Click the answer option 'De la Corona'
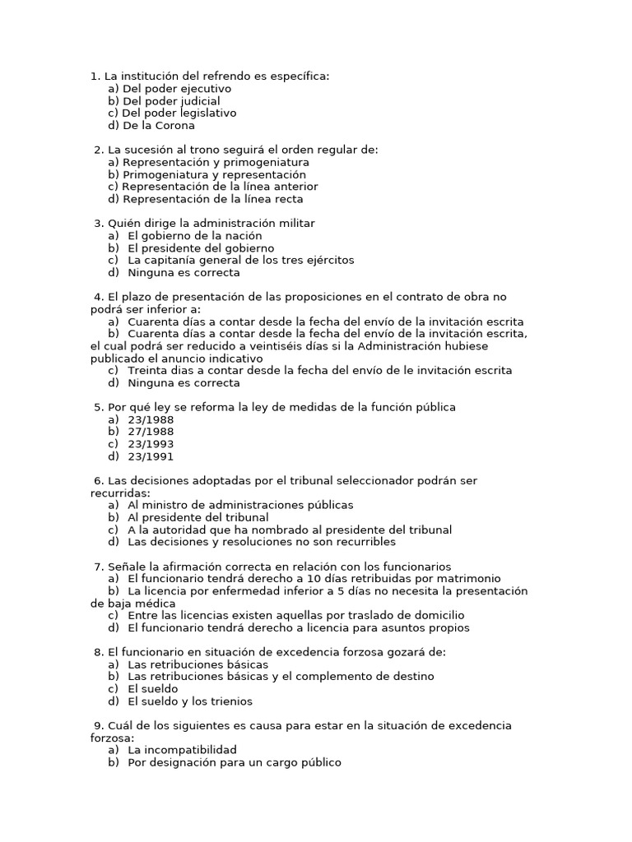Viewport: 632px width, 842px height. [x=158, y=126]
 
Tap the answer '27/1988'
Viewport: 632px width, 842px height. [x=151, y=432]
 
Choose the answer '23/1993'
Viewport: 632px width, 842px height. [x=151, y=444]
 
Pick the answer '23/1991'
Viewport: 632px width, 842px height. [x=151, y=456]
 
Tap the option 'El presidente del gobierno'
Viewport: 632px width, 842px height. [x=201, y=248]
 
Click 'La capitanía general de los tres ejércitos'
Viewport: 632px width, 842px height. [x=240, y=261]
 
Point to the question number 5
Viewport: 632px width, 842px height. [x=98, y=407]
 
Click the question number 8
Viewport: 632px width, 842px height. [x=98, y=652]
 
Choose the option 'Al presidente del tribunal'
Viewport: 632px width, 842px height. [x=197, y=517]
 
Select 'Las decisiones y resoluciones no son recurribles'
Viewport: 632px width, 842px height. [x=262, y=542]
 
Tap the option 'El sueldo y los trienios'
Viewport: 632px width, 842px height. [x=190, y=701]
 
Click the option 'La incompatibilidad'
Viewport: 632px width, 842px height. [x=182, y=750]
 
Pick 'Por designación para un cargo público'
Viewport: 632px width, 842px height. [x=234, y=762]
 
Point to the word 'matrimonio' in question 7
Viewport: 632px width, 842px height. [x=471, y=579]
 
